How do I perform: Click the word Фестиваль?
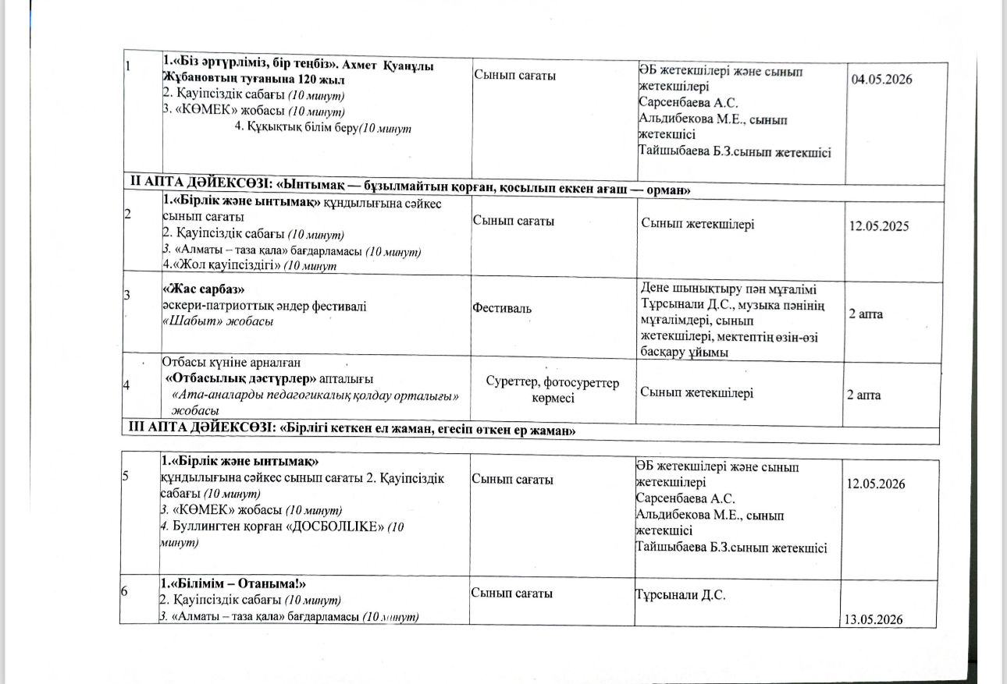[503, 308]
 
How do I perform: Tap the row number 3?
[127, 293]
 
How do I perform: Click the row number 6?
[125, 592]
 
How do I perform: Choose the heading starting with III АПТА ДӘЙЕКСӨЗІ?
[355, 430]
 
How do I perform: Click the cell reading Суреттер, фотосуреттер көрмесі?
[553, 390]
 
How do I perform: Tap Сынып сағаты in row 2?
[514, 221]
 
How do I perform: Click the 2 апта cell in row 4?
[864, 395]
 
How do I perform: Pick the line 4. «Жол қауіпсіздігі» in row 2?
[249, 266]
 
